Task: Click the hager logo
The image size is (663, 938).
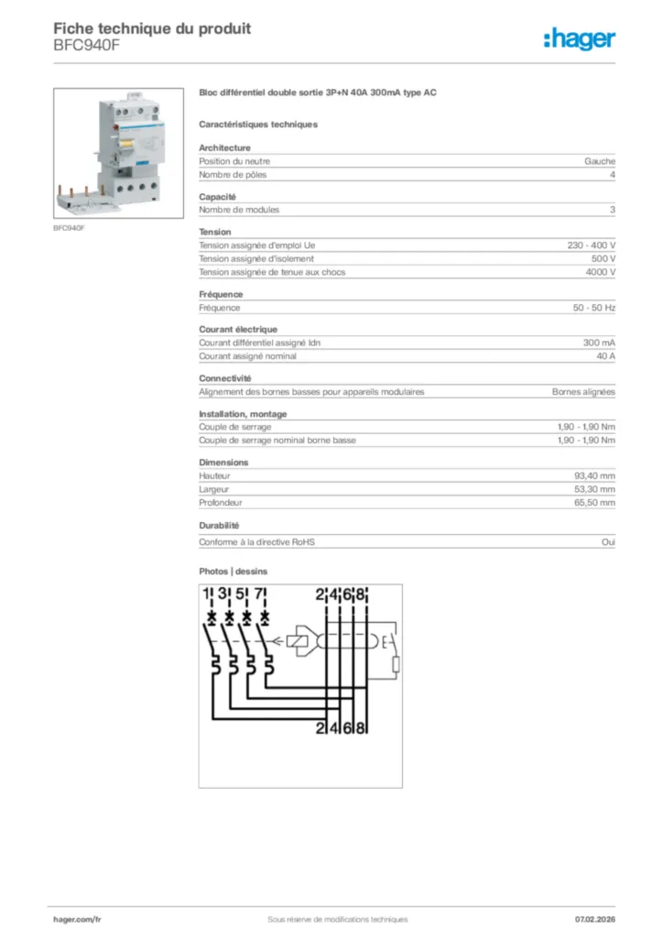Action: [579, 38]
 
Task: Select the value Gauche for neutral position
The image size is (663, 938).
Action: [600, 161]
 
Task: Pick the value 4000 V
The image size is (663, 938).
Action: [600, 272]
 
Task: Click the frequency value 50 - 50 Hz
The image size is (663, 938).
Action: [593, 308]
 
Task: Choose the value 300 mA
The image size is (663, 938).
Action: [599, 343]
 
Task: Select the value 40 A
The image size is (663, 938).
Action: [605, 356]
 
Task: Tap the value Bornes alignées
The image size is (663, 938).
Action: [583, 392]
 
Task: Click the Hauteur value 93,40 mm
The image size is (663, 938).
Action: [594, 476]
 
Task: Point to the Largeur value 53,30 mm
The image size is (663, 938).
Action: [594, 490]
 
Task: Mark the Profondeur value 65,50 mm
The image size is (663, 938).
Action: [594, 503]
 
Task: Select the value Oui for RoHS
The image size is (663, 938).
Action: [608, 542]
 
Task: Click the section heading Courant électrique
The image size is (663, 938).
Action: [238, 329]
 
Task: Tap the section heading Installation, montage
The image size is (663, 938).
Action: [243, 414]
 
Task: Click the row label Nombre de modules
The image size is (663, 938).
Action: [239, 210]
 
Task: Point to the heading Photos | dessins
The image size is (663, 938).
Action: [234, 572]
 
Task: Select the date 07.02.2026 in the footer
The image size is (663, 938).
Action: [594, 919]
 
